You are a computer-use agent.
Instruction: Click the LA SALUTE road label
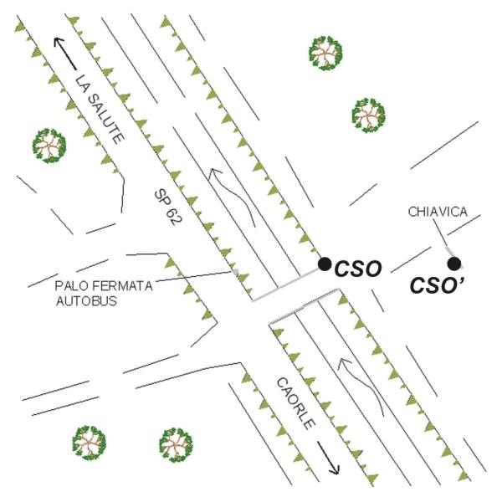coord(100,109)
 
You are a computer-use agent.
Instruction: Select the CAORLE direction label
coord(296,403)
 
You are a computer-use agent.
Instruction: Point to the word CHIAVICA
coord(438,212)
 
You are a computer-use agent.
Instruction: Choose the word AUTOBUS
coord(86,301)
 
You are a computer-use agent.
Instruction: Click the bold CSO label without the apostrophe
coord(358,269)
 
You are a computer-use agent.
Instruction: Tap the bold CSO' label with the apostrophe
coord(438,285)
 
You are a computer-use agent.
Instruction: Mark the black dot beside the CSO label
coord(325,264)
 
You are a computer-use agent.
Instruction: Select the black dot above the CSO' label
coord(454,264)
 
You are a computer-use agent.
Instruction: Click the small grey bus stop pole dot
coord(236,272)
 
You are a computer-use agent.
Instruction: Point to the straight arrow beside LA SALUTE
coord(65,54)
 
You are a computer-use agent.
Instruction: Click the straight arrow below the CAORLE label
coord(328,458)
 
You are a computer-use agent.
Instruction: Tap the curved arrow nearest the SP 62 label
coord(231,196)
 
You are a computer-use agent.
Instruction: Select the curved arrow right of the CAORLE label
coord(361,386)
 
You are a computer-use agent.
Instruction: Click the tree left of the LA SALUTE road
coord(49,146)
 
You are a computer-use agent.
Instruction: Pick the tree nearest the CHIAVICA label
coord(368,115)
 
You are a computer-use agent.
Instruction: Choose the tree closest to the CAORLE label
coord(176,445)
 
